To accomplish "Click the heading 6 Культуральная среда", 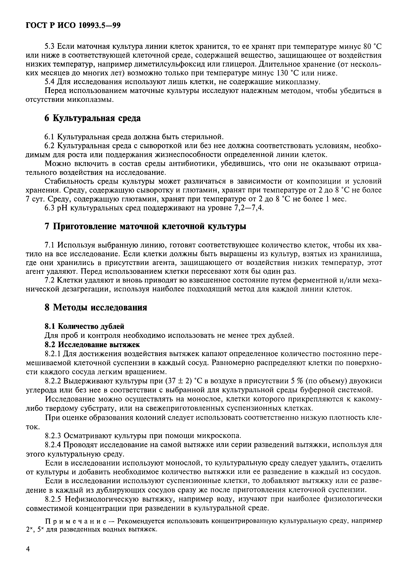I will pos(92,118).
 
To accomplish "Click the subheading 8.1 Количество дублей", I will pos(84,326).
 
